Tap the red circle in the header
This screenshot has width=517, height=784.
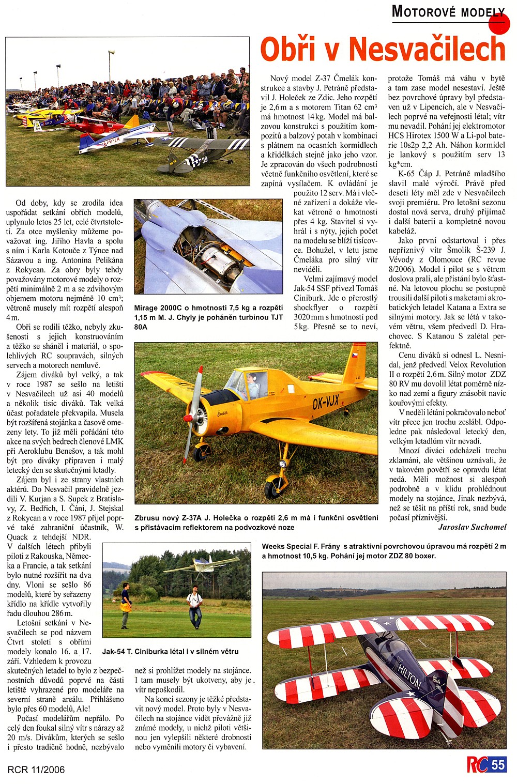[499, 24]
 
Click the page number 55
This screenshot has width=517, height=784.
[498, 765]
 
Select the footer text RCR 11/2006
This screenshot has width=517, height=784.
[36, 770]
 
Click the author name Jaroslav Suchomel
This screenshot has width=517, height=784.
[472, 527]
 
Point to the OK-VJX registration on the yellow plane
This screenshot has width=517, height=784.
[326, 401]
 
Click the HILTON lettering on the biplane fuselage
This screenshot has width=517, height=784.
[409, 675]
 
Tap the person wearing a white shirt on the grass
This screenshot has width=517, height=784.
[194, 602]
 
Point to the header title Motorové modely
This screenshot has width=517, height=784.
[448, 11]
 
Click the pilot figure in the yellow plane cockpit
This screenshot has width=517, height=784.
[253, 385]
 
